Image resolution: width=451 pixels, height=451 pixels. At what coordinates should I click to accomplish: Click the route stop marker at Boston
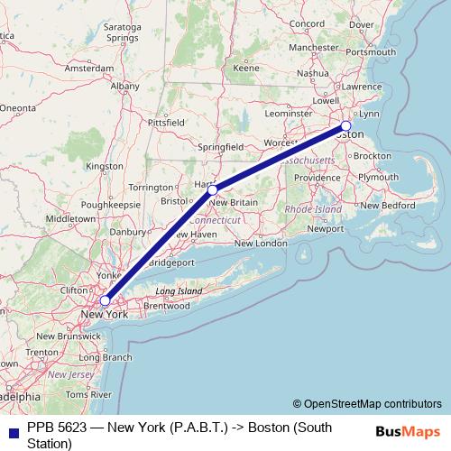coord(345,125)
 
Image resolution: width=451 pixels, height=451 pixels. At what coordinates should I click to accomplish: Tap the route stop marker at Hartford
coord(212,189)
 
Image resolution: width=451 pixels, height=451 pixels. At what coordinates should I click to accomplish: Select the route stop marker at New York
coord(106,300)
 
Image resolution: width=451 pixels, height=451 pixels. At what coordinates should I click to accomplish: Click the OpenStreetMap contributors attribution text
coord(367,404)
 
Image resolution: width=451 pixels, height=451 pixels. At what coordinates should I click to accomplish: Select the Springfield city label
coord(220,145)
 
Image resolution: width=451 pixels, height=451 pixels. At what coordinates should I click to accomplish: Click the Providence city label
coord(316,178)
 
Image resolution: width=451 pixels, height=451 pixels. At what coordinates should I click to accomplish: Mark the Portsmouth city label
coord(370,51)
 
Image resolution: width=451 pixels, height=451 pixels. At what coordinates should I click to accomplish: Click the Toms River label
coord(87,394)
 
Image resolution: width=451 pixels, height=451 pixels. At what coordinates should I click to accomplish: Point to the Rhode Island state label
coord(313,209)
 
